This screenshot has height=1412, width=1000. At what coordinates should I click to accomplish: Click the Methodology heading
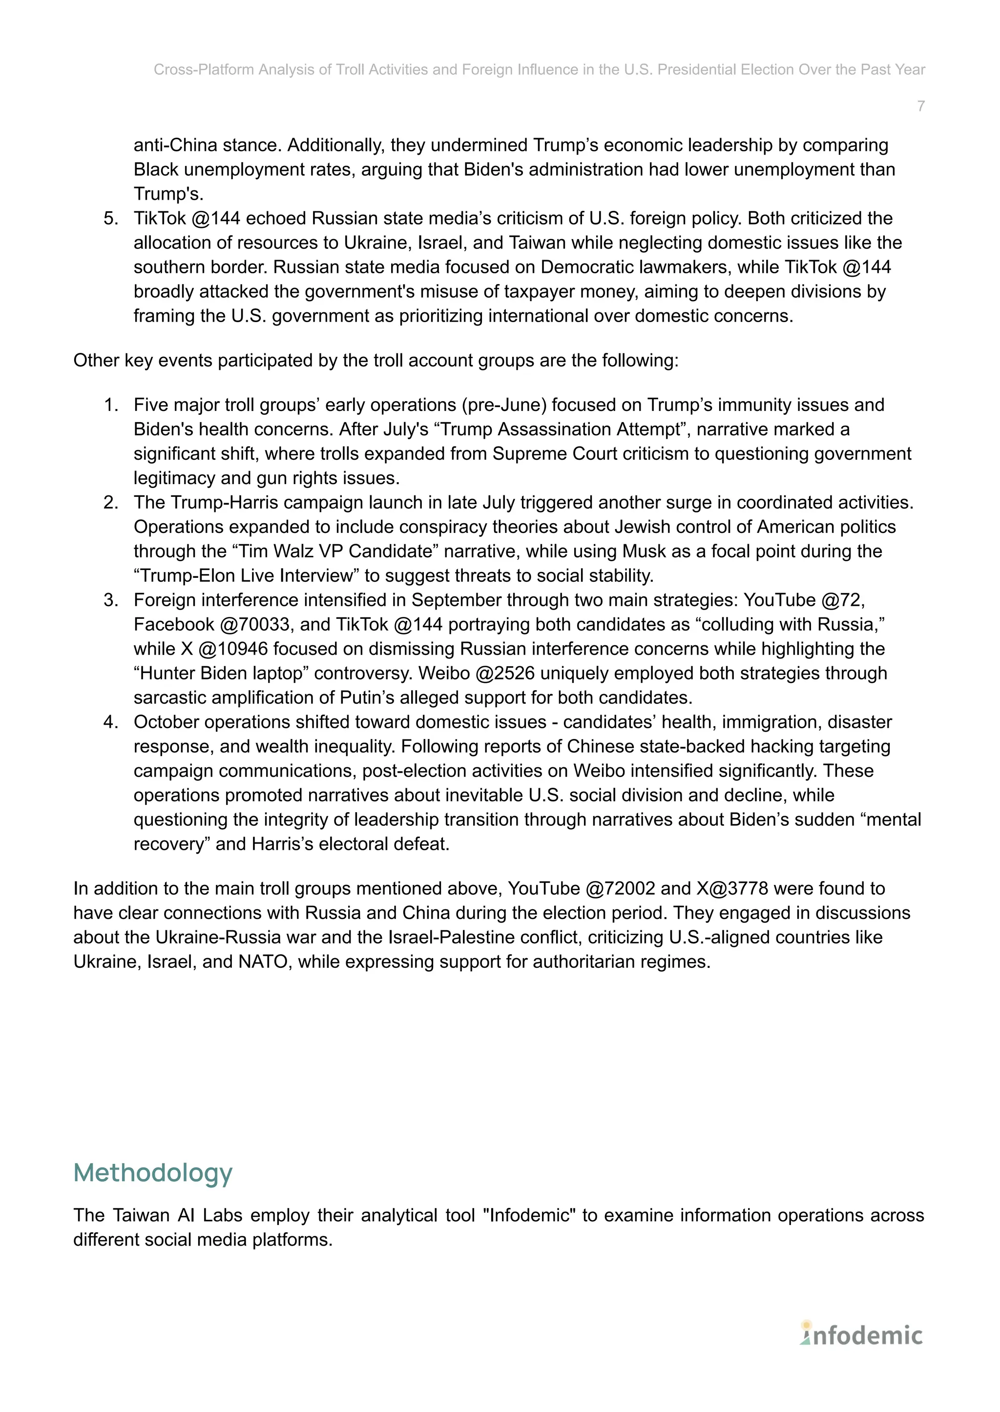coord(153,1172)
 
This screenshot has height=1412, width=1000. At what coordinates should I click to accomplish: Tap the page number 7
coord(920,106)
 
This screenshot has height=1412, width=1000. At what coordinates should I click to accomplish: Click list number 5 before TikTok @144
coord(110,219)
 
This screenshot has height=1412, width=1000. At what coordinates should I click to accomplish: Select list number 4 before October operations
coord(110,722)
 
